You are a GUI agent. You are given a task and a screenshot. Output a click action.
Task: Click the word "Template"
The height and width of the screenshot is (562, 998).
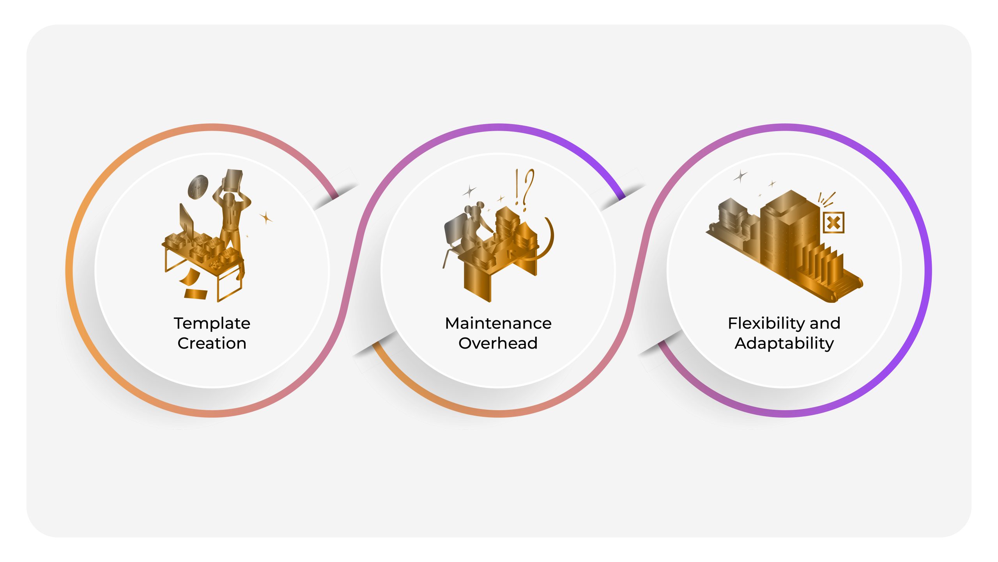[x=212, y=324]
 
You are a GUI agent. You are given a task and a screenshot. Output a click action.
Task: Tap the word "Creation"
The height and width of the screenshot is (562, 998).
[x=212, y=343]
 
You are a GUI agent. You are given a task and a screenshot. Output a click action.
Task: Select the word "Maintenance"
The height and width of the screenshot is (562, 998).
[x=498, y=324]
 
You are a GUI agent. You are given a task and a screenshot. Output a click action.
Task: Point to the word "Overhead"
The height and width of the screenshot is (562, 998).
[x=498, y=343]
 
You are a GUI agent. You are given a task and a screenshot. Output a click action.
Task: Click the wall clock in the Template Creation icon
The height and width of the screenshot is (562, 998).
[x=198, y=187]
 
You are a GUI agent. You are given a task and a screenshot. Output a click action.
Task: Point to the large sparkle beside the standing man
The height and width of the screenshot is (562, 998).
[x=266, y=218]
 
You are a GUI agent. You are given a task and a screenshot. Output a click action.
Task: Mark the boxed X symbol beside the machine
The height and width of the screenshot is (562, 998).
[x=833, y=223]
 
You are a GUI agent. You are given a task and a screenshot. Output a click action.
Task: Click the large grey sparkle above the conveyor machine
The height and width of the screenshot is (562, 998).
[x=740, y=176]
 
